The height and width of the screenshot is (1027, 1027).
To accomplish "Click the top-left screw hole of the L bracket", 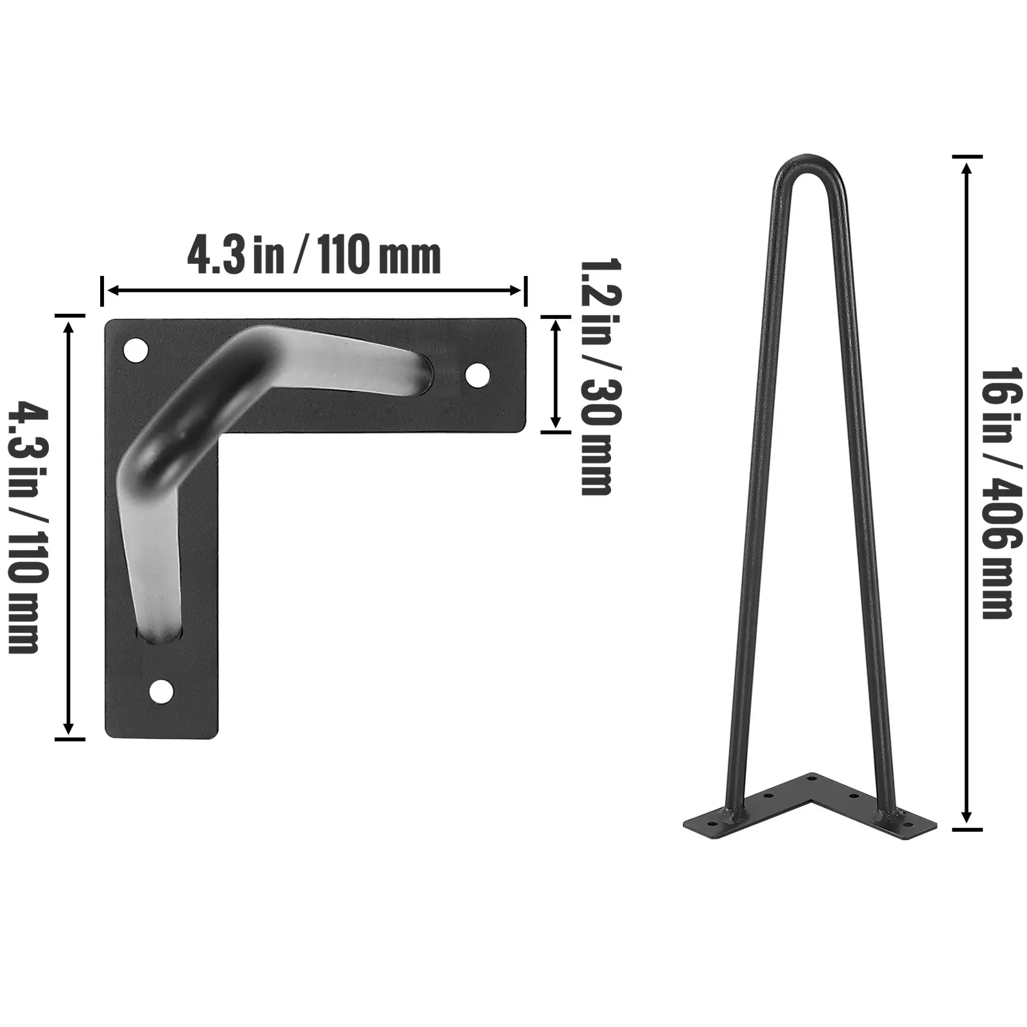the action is (x=135, y=350).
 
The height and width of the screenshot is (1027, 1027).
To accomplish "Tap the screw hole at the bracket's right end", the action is (x=477, y=375).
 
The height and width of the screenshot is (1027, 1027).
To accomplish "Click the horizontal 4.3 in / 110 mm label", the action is (x=314, y=257).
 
